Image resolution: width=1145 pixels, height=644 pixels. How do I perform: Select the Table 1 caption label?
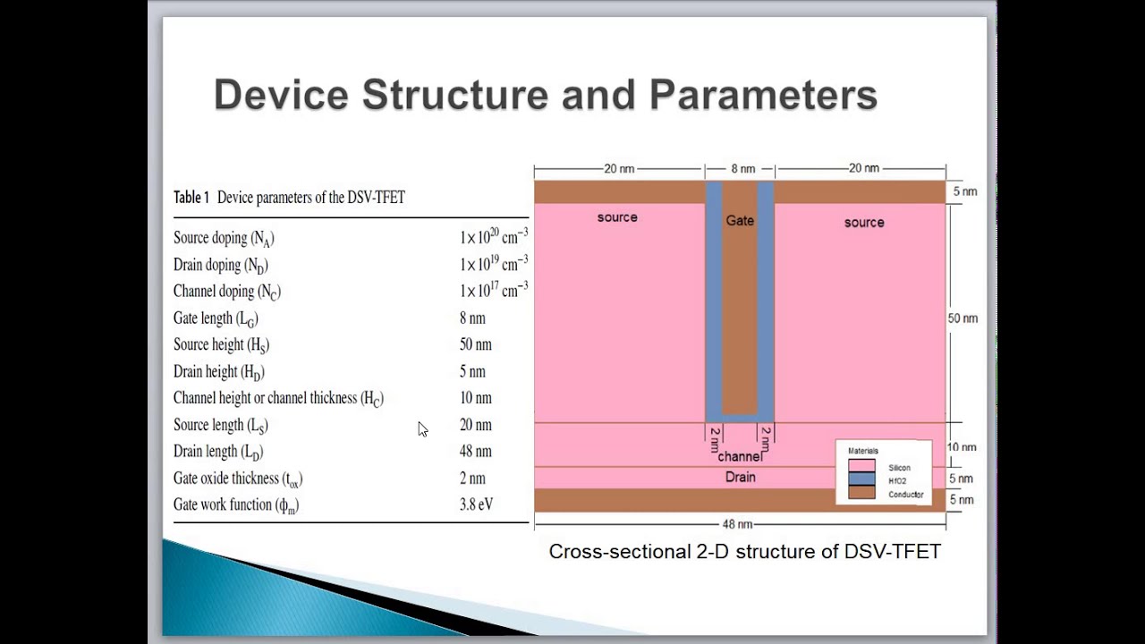pyautogui.click(x=191, y=198)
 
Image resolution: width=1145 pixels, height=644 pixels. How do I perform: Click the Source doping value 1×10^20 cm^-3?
pyautogui.click(x=493, y=237)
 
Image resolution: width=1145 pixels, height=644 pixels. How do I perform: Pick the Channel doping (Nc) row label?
pyautogui.click(x=227, y=292)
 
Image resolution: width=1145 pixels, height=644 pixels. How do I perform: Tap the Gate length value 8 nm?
pyautogui.click(x=472, y=318)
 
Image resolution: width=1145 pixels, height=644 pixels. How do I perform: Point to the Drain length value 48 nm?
pyautogui.click(x=475, y=452)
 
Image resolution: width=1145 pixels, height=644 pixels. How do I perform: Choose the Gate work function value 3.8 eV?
pyautogui.click(x=476, y=504)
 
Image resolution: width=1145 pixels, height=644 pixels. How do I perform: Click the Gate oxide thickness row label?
pyautogui.click(x=238, y=479)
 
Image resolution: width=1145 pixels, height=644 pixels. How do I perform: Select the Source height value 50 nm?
pyautogui.click(x=475, y=345)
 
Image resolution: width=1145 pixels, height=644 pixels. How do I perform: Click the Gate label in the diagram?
pyautogui.click(x=740, y=220)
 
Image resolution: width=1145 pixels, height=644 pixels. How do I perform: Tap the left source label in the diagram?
pyautogui.click(x=617, y=217)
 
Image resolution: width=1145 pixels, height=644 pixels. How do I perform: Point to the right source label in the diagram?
pyautogui.click(x=864, y=223)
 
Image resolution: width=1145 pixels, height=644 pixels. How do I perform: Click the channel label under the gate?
pyautogui.click(x=740, y=457)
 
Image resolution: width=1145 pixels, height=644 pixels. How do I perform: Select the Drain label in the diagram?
pyautogui.click(x=740, y=478)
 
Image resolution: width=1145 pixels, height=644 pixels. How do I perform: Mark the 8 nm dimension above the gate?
pyautogui.click(x=742, y=168)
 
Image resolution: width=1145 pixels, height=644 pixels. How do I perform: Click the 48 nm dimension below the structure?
pyautogui.click(x=738, y=524)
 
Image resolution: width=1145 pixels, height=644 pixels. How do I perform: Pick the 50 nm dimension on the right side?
pyautogui.click(x=963, y=318)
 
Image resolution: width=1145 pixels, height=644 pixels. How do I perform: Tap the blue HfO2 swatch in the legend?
pyautogui.click(x=861, y=480)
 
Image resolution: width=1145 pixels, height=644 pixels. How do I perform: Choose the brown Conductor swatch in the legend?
pyautogui.click(x=861, y=494)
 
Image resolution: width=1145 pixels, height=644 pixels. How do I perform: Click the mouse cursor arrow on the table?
pyautogui.click(x=422, y=429)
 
